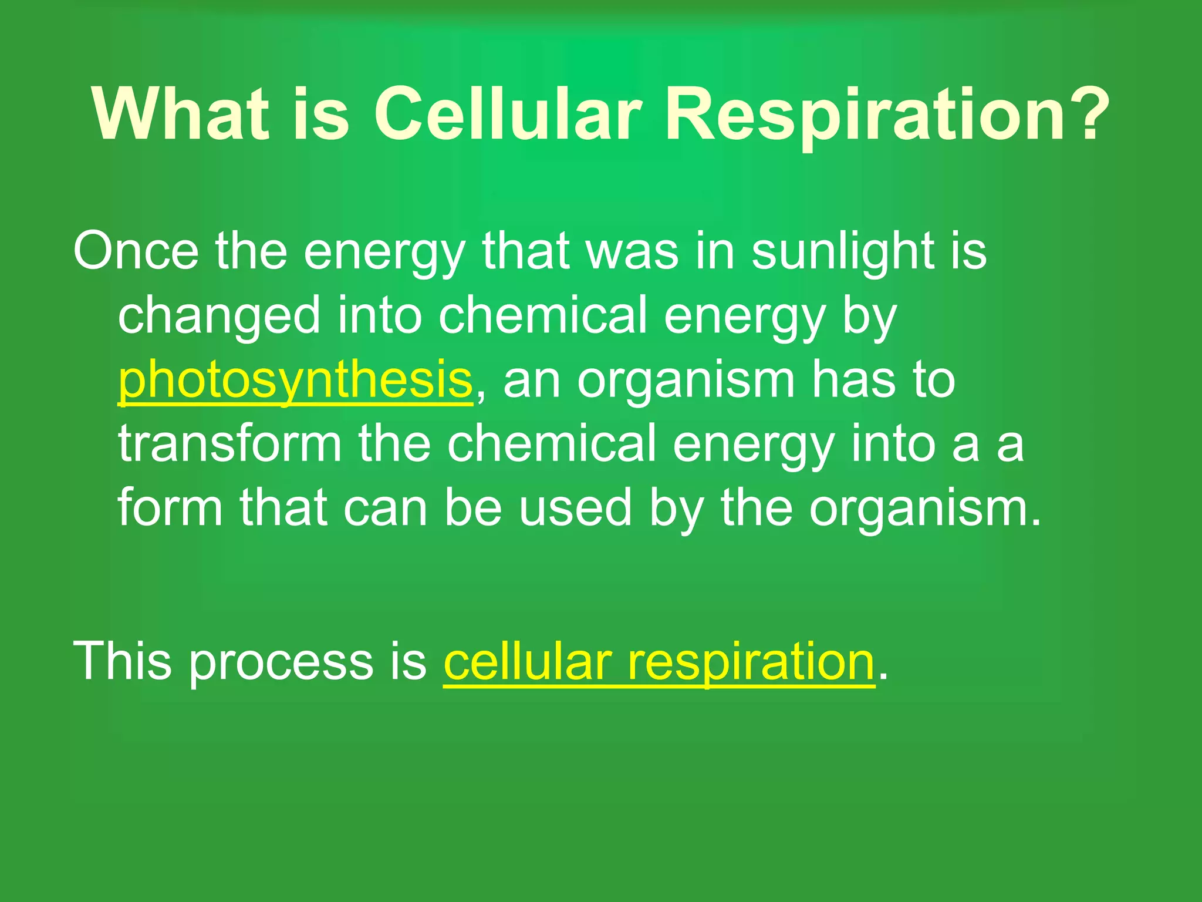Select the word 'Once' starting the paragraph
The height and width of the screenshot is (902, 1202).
click(136, 251)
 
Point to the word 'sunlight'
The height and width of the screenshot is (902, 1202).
click(843, 251)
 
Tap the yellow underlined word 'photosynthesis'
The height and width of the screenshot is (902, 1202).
click(295, 381)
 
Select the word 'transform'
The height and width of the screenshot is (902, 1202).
click(229, 445)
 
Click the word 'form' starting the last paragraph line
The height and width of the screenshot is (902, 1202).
click(170, 508)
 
